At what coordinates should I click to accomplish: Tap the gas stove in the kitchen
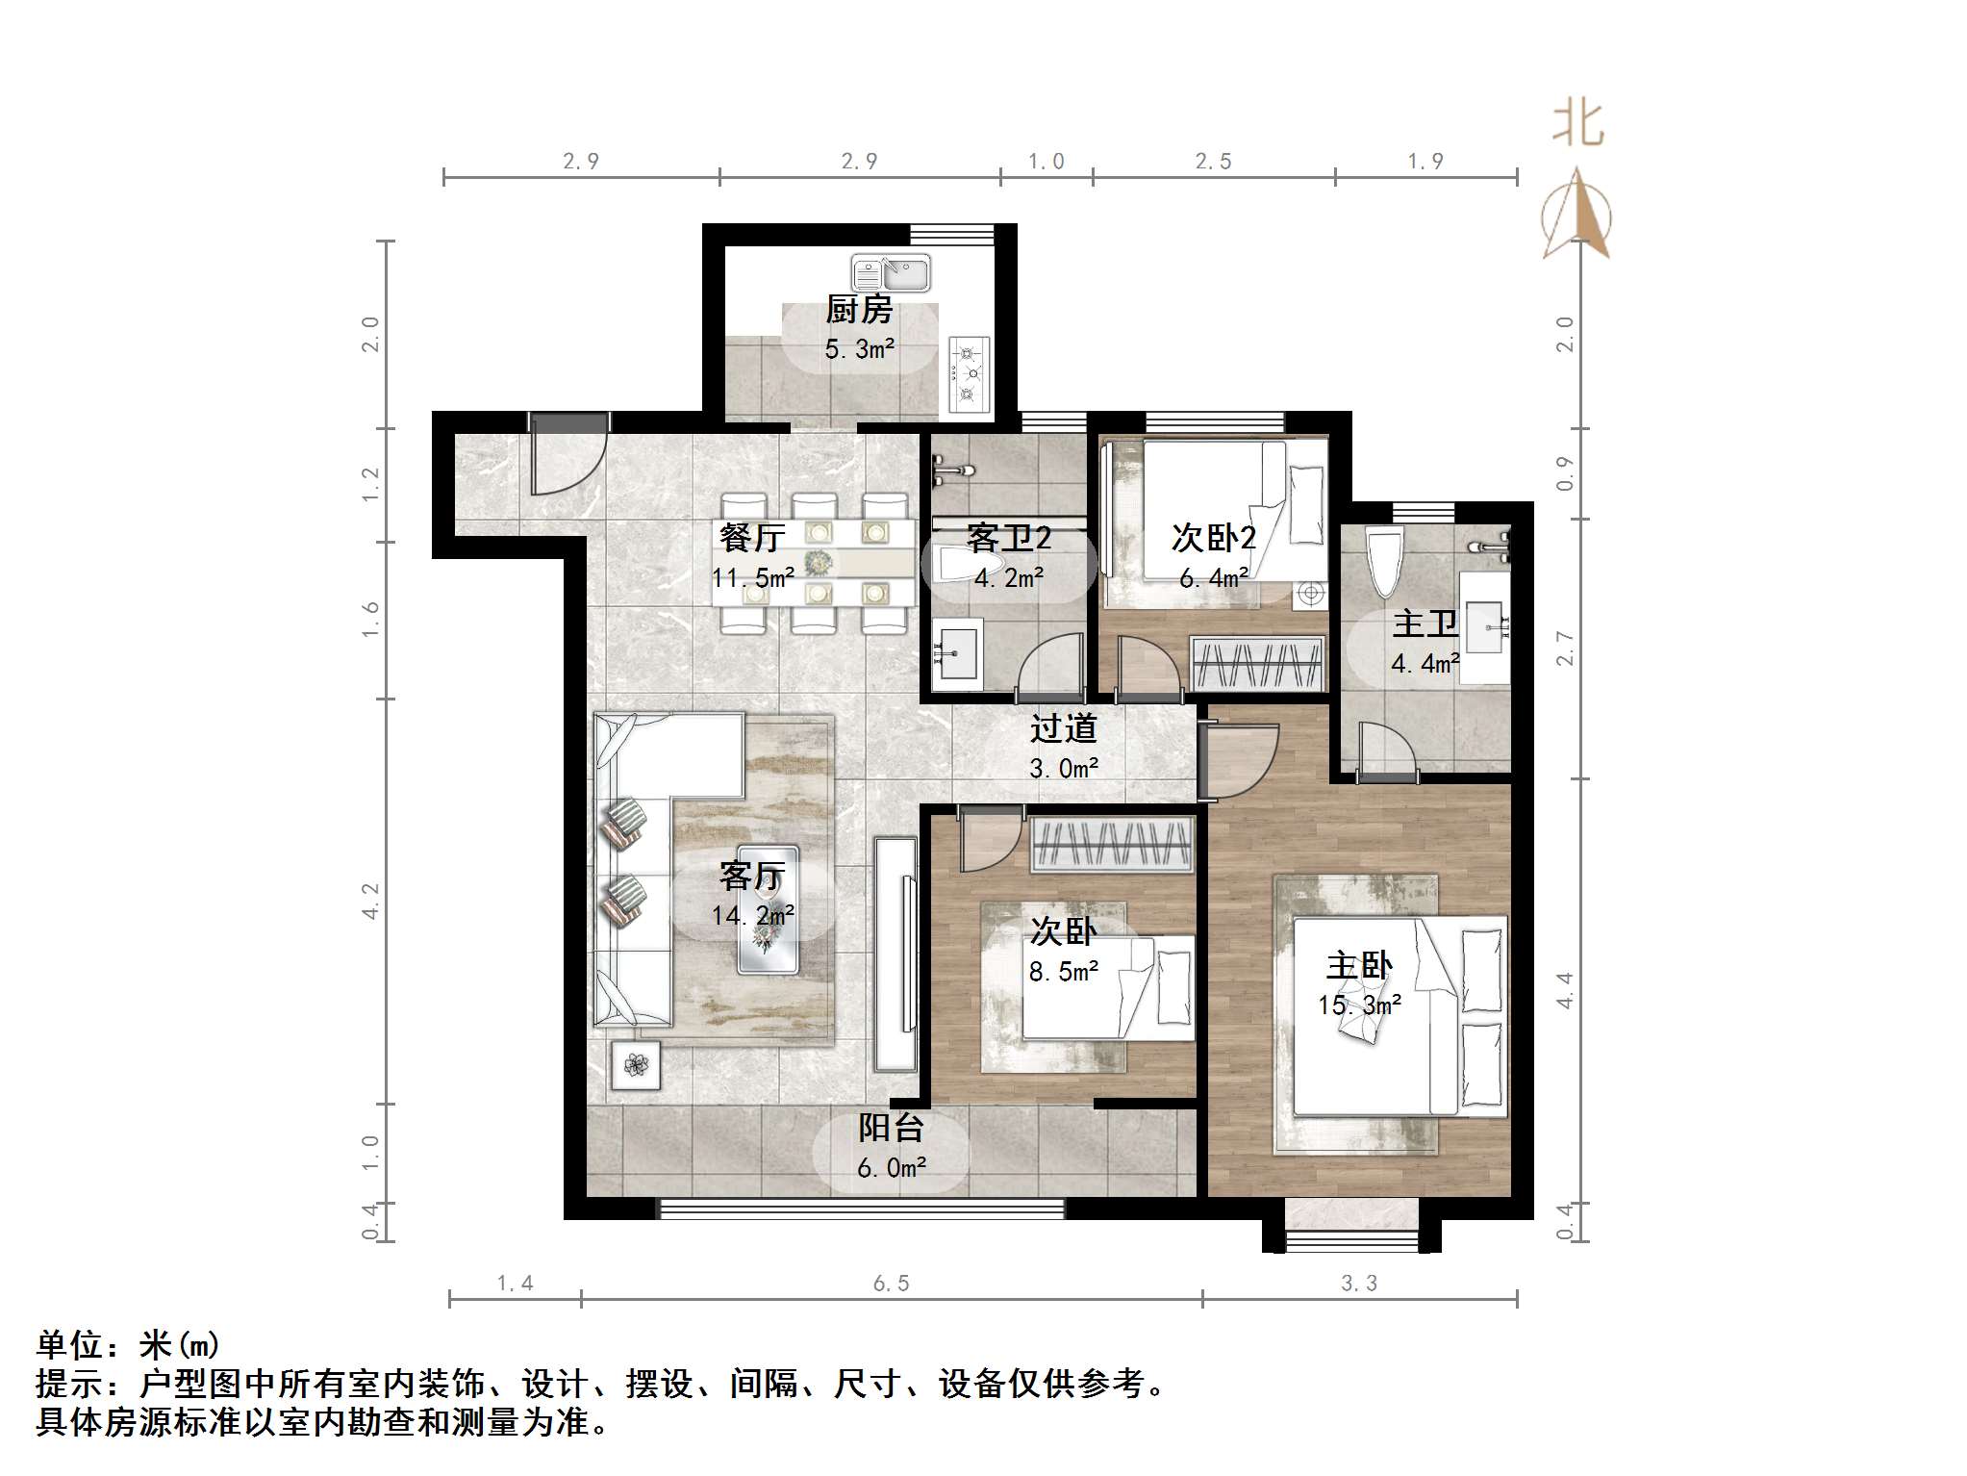coord(969,373)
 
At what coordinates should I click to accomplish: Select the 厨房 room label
coord(859,310)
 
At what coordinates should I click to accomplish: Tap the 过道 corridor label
coord(1063,728)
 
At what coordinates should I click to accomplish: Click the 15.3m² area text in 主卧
coord(1358,1005)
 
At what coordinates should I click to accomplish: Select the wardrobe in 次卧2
coord(1256,663)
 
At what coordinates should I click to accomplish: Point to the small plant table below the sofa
coord(635,1064)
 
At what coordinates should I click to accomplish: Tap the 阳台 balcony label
coord(891,1128)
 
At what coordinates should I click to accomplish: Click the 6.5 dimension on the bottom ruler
coord(890,1284)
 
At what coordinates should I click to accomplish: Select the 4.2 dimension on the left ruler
coord(371,902)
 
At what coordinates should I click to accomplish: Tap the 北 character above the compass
coord(1577,124)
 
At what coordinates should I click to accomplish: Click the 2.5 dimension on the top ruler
coord(1213,162)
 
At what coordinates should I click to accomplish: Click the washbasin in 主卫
coord(1484,627)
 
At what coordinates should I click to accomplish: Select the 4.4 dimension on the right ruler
coord(1565,990)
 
